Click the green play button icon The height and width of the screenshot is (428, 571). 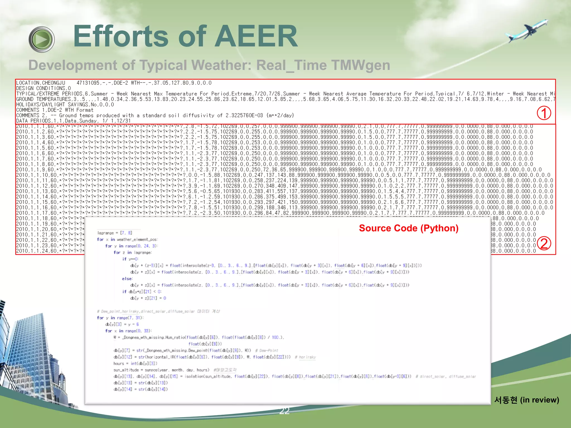[x=42, y=40]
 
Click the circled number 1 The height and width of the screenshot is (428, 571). [x=544, y=113]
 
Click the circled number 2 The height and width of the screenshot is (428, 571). [x=544, y=243]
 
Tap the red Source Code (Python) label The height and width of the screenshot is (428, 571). [x=408, y=228]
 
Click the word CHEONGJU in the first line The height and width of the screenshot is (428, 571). [x=54, y=83]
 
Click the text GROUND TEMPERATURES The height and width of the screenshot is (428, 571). [x=43, y=99]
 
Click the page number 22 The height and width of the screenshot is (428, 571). [x=284, y=411]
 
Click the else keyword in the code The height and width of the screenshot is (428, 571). [x=127, y=279]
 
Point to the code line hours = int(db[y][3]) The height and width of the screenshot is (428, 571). [x=135, y=364]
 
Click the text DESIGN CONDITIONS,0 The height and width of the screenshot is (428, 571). [x=43, y=88]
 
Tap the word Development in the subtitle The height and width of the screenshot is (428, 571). [x=72, y=65]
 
